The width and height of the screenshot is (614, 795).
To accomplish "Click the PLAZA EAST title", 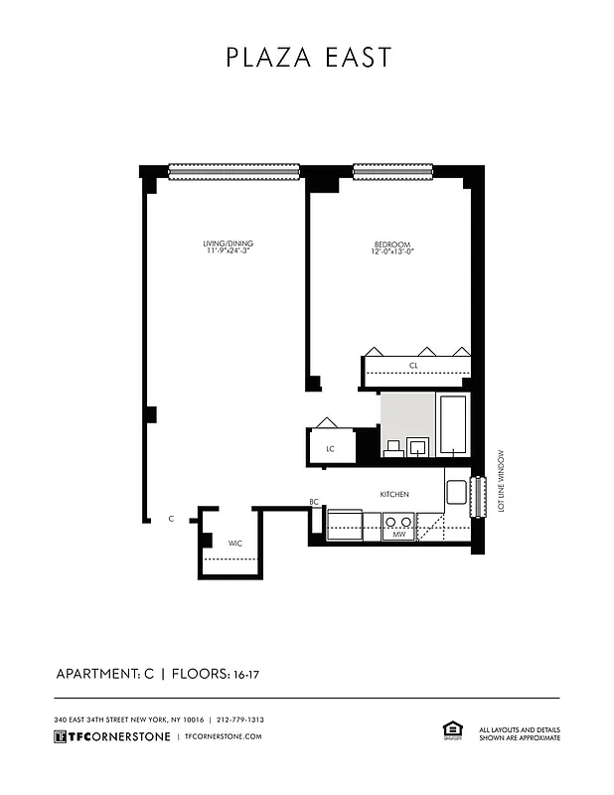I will tap(308, 57).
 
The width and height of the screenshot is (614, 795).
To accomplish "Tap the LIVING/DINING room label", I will tap(221, 243).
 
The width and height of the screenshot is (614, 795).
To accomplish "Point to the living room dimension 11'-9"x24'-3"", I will tap(221, 251).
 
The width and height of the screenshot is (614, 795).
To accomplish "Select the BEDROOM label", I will tap(392, 244).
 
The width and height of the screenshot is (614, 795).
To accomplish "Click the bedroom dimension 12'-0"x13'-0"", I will tap(392, 252).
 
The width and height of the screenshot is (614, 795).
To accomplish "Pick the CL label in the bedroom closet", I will tap(413, 366).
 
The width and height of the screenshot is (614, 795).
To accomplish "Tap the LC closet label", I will tap(331, 449).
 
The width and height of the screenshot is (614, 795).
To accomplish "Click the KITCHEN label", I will tap(395, 494).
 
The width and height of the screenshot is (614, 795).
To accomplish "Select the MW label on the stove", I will tap(398, 535).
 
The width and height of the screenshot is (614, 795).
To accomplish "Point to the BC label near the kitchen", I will tap(314, 503).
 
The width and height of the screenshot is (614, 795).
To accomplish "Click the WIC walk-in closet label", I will tap(235, 544).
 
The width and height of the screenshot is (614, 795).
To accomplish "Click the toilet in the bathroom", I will tap(392, 446).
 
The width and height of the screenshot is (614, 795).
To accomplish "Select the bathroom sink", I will tap(418, 444).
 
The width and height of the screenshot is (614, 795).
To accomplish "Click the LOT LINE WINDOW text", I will tap(502, 479).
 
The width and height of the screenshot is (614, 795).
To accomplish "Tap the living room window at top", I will tap(233, 172).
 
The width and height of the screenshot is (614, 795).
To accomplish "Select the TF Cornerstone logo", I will tap(109, 736).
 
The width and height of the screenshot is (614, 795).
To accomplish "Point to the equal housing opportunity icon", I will tap(448, 731).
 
